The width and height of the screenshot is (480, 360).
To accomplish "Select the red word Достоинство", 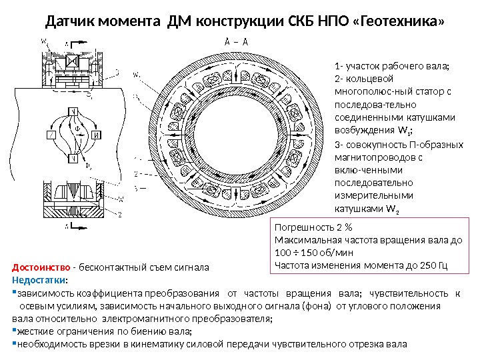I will tap(41, 268).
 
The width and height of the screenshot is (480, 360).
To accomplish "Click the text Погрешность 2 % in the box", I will tap(309, 227).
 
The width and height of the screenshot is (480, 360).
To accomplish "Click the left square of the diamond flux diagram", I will tap(51, 135).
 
